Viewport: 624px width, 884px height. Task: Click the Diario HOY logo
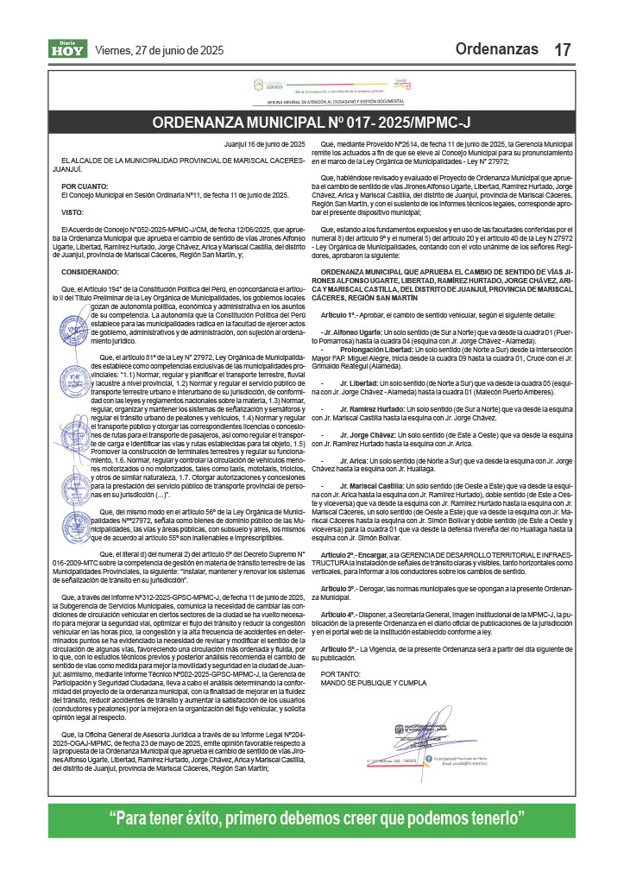coord(66,50)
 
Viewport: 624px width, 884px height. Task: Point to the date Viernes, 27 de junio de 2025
coord(159,51)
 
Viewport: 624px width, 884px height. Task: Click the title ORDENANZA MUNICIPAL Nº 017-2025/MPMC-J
coord(312,123)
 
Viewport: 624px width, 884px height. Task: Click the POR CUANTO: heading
coord(85,186)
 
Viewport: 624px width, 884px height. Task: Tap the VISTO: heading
coord(72,212)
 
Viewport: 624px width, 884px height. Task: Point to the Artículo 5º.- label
coord(338,622)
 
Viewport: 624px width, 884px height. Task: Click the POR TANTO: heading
coord(337,647)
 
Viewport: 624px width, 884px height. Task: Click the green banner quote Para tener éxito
coord(312,818)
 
